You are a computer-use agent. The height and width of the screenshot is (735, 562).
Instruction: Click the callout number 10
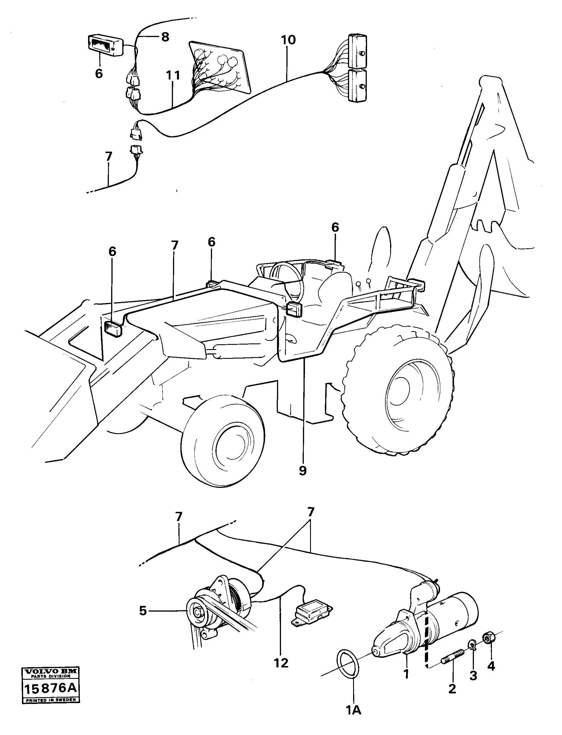[288, 40]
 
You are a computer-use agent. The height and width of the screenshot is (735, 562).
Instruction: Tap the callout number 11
[173, 76]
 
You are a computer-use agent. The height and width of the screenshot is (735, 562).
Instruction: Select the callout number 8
[165, 37]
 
